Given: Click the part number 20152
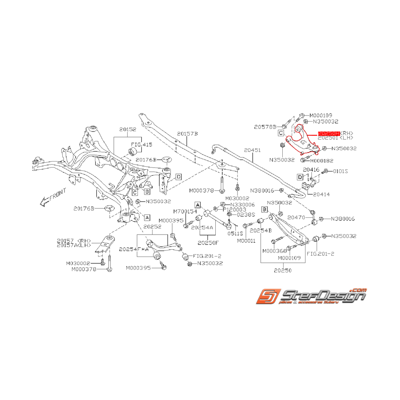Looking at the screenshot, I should click(x=128, y=129).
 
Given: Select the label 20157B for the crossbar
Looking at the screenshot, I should click(x=188, y=134).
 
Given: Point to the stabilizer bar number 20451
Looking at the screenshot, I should click(x=252, y=150).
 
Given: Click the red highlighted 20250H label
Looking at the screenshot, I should click(x=328, y=134).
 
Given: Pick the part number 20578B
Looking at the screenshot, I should click(x=264, y=127).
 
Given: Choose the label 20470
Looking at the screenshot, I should click(x=296, y=218).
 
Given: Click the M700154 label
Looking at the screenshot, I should click(x=185, y=211).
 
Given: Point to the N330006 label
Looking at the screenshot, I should click(x=243, y=205).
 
